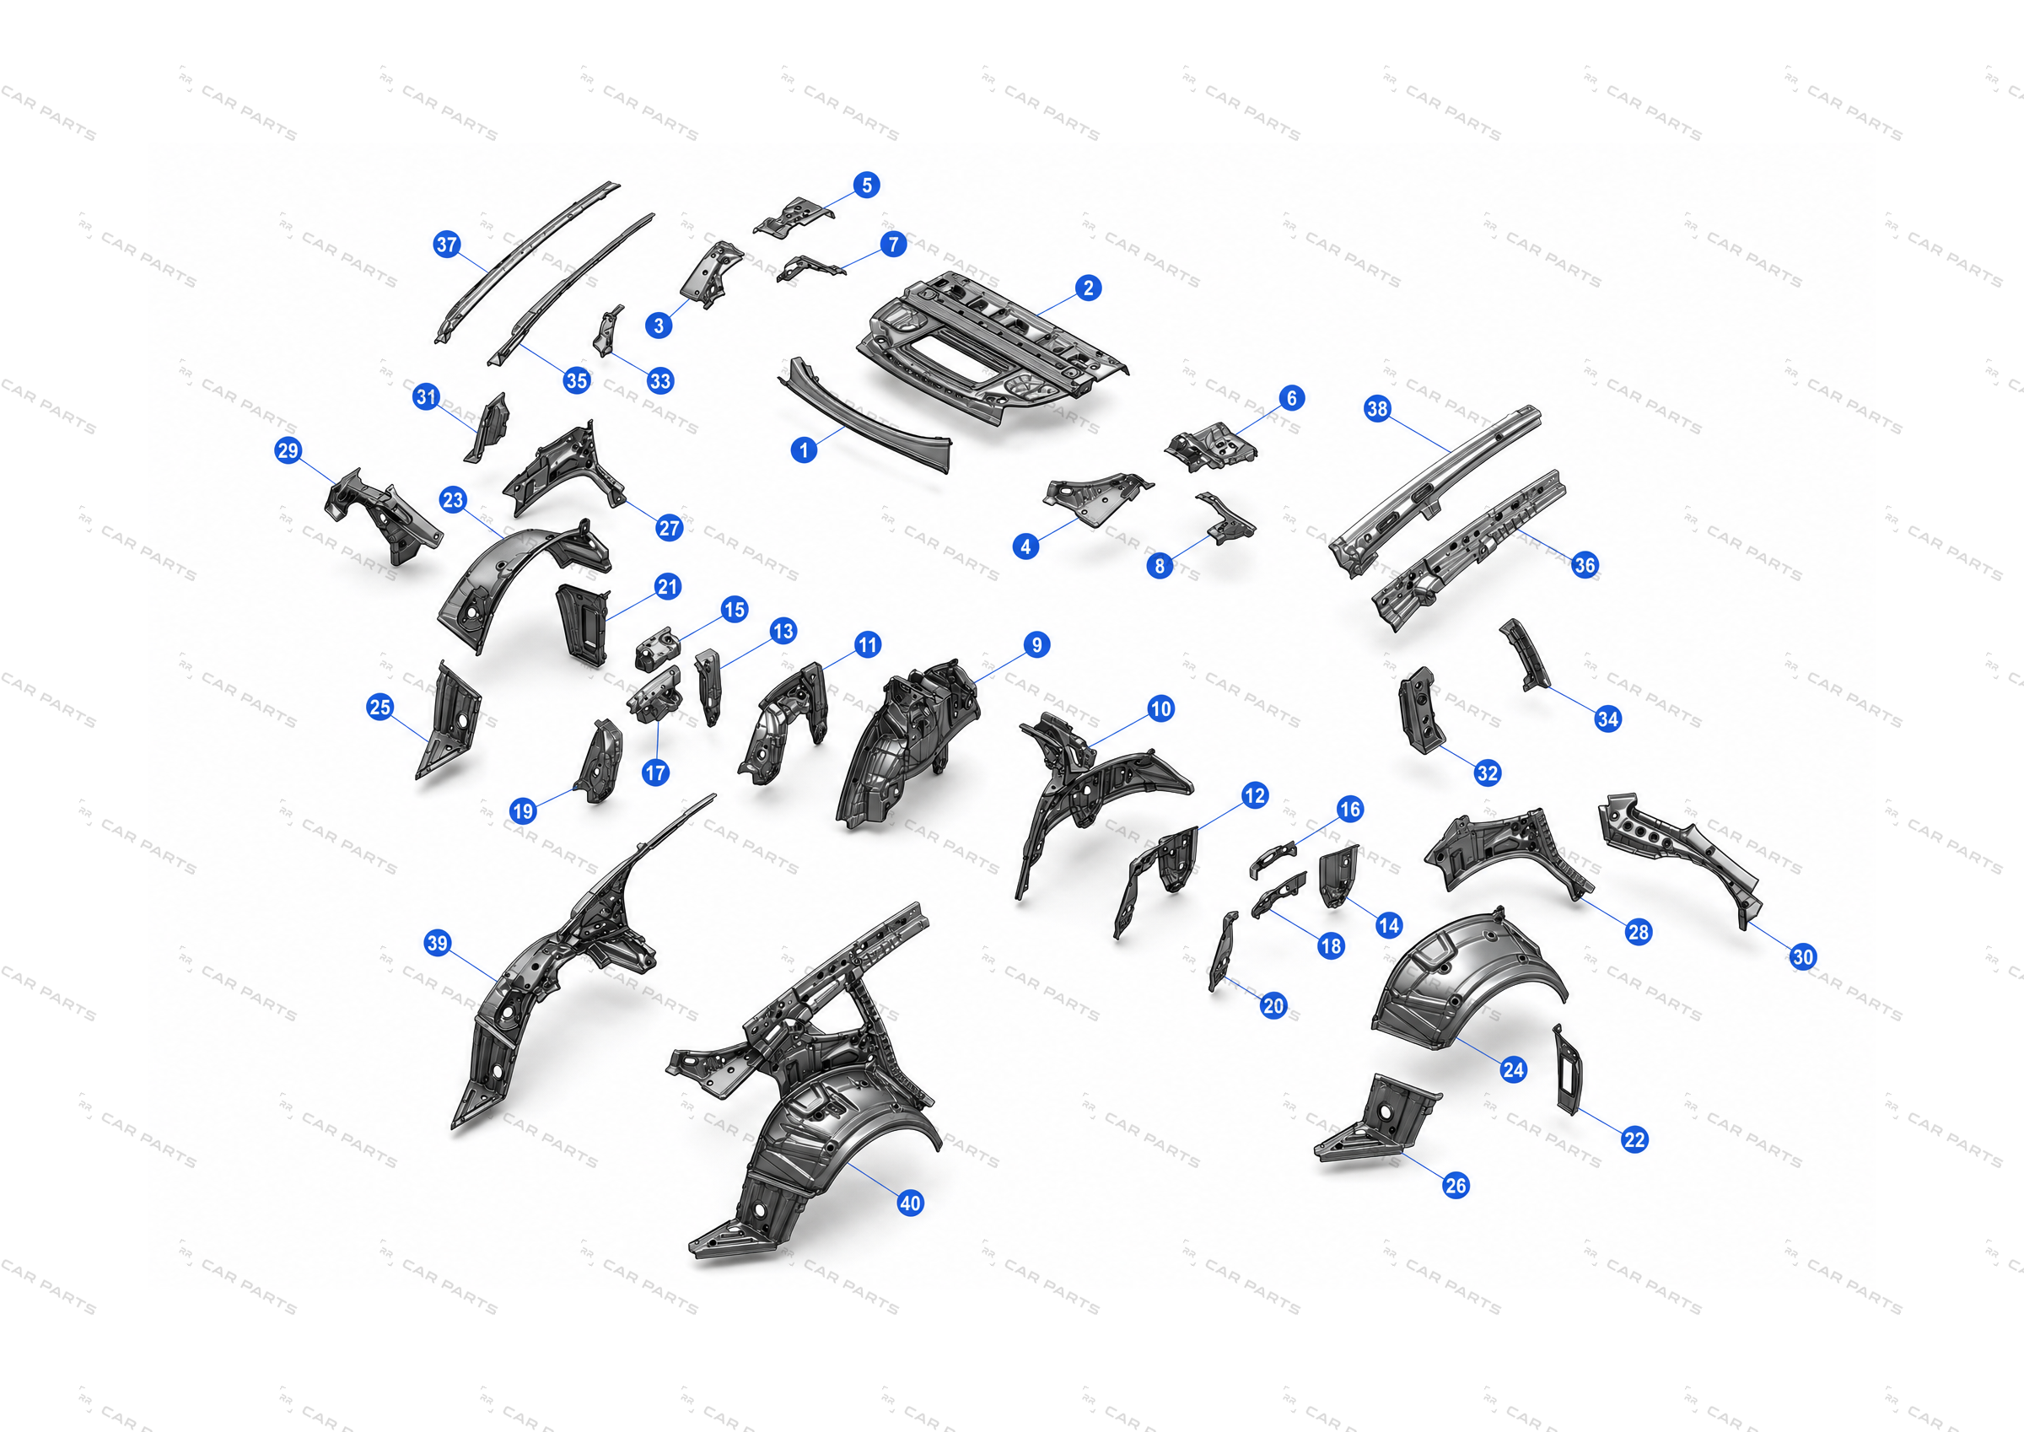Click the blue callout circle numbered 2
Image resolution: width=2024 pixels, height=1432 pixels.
pyautogui.click(x=1088, y=288)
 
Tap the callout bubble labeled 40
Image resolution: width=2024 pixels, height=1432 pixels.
pyautogui.click(x=910, y=1203)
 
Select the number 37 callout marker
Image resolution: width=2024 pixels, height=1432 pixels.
pyautogui.click(x=447, y=245)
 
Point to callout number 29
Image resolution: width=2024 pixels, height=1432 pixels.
pyautogui.click(x=288, y=450)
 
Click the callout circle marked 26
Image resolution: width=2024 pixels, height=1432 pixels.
pyautogui.click(x=1456, y=1185)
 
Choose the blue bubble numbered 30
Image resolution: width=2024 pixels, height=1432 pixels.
pyautogui.click(x=1803, y=956)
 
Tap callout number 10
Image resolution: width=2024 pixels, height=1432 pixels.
pyautogui.click(x=1161, y=708)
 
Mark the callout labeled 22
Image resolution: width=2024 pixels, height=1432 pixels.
pyautogui.click(x=1634, y=1139)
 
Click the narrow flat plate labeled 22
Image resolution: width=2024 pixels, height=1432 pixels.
pyautogui.click(x=1569, y=1069)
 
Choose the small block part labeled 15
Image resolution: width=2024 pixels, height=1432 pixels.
pyautogui.click(x=658, y=649)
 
